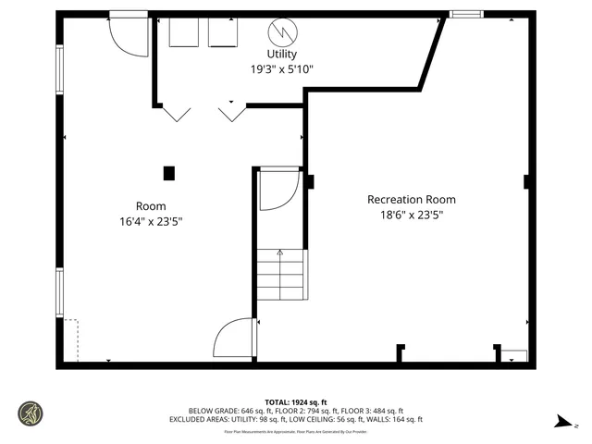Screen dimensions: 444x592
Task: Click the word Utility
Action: pyautogui.click(x=282, y=55)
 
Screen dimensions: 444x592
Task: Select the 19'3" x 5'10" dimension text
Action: pyautogui.click(x=282, y=68)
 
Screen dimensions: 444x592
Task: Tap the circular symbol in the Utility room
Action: pyautogui.click(x=282, y=31)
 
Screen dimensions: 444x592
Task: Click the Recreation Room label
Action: pyautogui.click(x=412, y=199)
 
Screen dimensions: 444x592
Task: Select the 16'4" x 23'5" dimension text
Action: pyautogui.click(x=151, y=221)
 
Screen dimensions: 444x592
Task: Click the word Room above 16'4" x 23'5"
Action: pyautogui.click(x=151, y=205)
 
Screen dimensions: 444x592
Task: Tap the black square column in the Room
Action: pyautogui.click(x=168, y=172)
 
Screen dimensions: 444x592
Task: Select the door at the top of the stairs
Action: pyautogui.click(x=277, y=190)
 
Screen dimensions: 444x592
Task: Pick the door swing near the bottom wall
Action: pyautogui.click(x=233, y=339)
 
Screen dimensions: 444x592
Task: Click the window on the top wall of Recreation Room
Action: pyautogui.click(x=465, y=14)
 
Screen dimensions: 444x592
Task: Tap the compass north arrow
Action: pyautogui.click(x=561, y=423)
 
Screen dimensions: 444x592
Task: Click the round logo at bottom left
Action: pyautogui.click(x=31, y=413)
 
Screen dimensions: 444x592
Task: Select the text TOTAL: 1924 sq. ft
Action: pyautogui.click(x=295, y=401)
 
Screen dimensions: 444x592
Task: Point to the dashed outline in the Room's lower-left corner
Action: pyautogui.click(x=71, y=340)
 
